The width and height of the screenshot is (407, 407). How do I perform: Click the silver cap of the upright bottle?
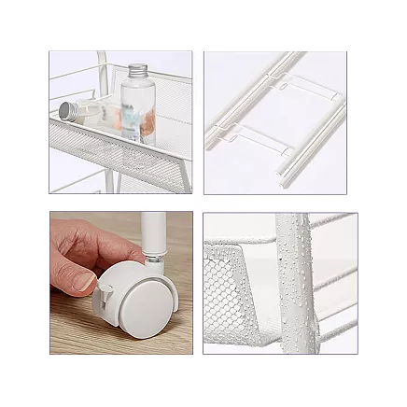[x=139, y=71]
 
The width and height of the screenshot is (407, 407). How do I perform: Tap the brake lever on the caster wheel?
[x=103, y=304]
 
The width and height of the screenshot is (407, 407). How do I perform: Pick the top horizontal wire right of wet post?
[x=331, y=221]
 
